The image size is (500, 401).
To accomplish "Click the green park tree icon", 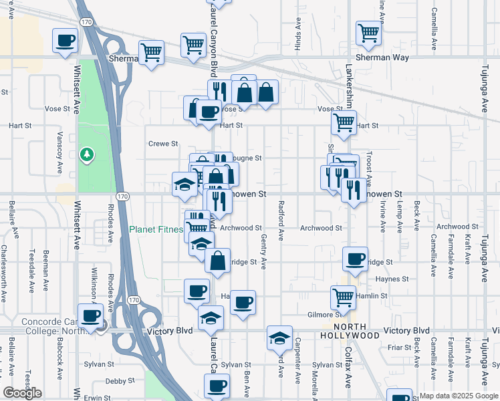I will pos(86,155).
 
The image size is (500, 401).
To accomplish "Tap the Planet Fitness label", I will pos(156,230).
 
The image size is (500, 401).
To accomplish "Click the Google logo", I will pos(22,393).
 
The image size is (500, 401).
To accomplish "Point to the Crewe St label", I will pos(163,143).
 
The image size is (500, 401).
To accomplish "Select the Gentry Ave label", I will pos(264,252).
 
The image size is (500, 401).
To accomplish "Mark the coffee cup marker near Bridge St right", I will pos(355,259).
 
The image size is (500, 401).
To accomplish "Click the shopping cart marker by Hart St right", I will pos(344,122).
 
